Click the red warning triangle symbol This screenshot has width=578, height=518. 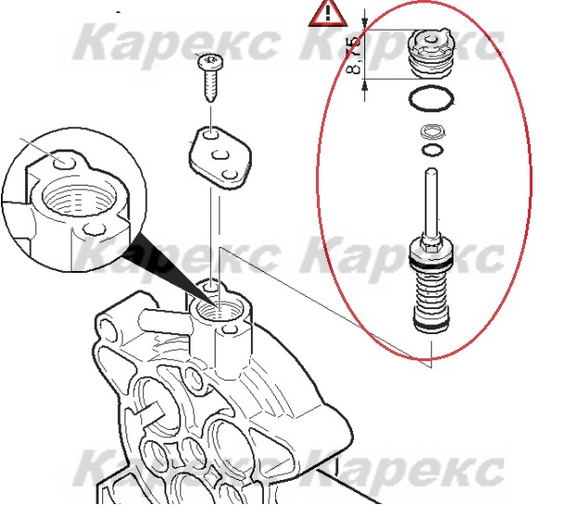327,14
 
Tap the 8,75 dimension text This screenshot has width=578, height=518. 355,55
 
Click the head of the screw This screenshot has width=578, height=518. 211,61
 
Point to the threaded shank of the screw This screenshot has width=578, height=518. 211,85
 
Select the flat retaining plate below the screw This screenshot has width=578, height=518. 220,158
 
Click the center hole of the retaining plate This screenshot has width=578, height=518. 220,155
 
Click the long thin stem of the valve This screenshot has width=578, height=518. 431,201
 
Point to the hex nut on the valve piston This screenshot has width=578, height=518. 431,243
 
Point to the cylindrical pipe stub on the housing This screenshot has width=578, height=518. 164,321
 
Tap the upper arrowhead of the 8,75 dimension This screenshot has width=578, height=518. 365,23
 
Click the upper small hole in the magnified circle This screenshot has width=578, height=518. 64,162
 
